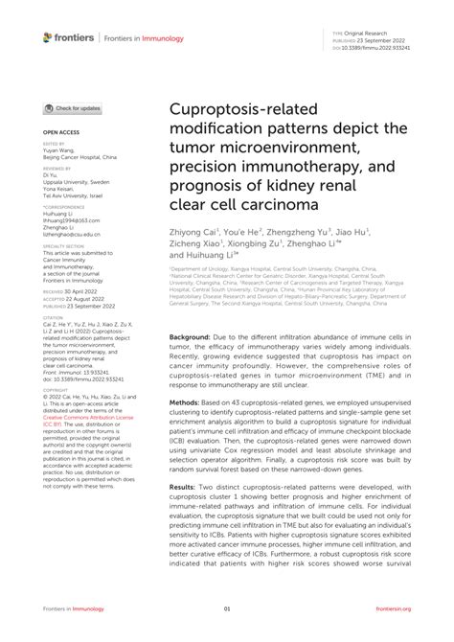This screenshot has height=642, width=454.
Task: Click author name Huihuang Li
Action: pos(207,256)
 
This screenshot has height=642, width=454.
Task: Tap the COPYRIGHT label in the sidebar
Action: pos(56,390)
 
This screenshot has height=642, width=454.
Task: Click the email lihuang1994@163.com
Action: pos(71,219)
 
